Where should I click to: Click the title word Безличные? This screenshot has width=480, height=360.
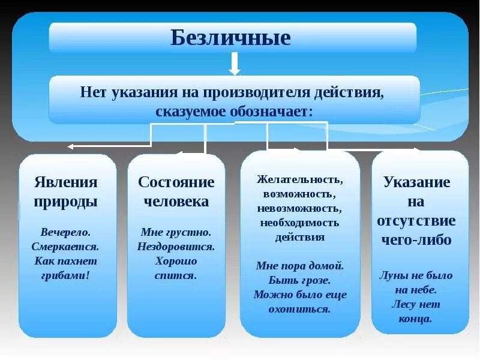point(231,38)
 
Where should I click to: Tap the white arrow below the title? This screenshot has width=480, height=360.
point(234,63)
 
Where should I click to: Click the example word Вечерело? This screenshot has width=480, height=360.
point(66,232)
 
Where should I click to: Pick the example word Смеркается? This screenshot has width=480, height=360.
point(65,246)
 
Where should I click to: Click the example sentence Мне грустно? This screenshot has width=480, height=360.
point(176,232)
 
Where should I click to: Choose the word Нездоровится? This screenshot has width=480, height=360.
point(176,246)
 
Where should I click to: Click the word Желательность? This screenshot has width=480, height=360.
point(300,179)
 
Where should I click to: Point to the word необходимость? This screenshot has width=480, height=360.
point(300,223)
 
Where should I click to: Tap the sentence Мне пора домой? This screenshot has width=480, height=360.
point(300,265)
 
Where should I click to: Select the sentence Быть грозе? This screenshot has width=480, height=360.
point(300,280)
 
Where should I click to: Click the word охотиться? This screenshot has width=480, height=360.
point(300,309)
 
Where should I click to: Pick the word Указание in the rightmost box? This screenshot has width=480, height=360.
point(416,182)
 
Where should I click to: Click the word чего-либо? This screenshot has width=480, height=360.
point(416,240)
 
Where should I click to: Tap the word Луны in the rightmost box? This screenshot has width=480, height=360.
point(393,275)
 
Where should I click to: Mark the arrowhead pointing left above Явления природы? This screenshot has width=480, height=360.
point(70,146)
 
